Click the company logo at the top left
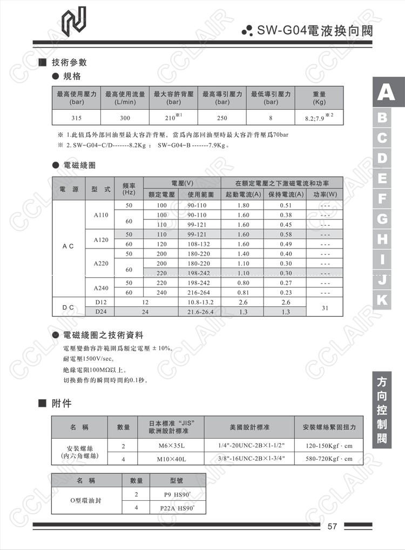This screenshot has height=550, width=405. point(74,21)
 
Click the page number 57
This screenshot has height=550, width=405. point(333,526)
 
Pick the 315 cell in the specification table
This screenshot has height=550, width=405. point(76,117)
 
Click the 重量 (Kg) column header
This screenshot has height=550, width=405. point(319,98)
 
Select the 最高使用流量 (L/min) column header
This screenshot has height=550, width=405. point(125,98)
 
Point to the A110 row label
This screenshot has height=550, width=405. point(101,215)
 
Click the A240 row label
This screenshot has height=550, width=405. point(101,288)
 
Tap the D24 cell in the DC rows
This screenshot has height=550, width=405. point(101,312)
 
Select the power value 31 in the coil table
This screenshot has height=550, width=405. point(325,307)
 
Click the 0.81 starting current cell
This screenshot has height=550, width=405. point(243,292)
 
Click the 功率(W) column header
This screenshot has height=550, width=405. point(325,194)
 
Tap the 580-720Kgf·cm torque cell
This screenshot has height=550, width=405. point(328,459)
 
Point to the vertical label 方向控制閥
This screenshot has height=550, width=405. point(382,410)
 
